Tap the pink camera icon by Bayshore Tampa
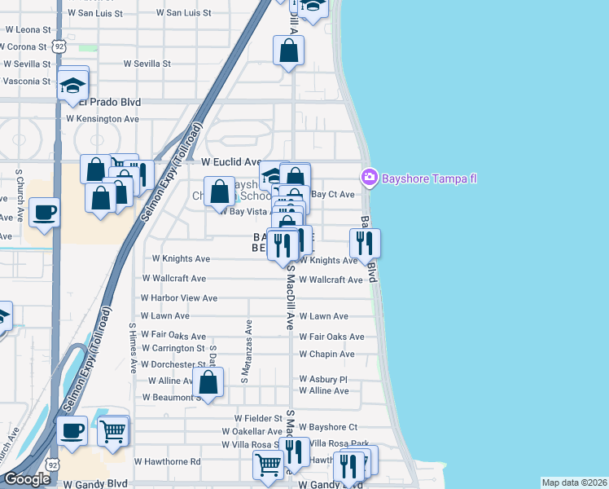coord(370,177)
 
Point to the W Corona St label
coord(25,46)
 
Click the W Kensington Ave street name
coord(103,118)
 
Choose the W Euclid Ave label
coord(231,162)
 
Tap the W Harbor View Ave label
coord(179,298)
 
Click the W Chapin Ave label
coord(326,355)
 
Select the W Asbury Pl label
coord(323,379)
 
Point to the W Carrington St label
coord(173,348)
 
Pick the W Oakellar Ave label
coord(252,431)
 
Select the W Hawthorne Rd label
coord(168,461)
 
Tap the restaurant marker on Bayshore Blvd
coord(365,243)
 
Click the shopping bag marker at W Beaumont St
coord(208,381)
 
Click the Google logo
coord(28,479)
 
